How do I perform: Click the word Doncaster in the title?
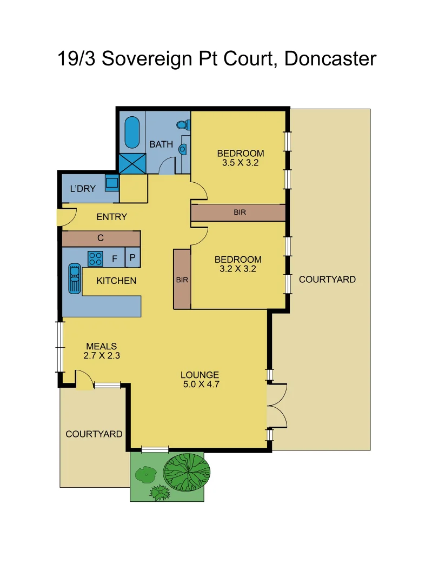click(x=329, y=58)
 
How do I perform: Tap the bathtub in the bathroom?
click(x=132, y=133)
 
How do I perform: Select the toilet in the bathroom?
click(x=183, y=125)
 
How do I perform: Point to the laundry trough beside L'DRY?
click(x=112, y=183)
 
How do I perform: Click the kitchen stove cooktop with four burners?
click(x=96, y=258)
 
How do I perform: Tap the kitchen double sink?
click(x=74, y=279)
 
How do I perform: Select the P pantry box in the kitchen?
click(x=133, y=258)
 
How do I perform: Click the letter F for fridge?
click(x=114, y=259)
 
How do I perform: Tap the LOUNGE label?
click(x=200, y=375)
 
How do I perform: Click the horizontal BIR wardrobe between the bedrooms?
click(x=238, y=213)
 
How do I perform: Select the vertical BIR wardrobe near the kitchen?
click(x=182, y=279)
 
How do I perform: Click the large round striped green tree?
click(x=186, y=472)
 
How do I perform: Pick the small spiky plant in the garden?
click(x=159, y=493)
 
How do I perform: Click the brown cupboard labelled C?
click(x=101, y=238)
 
